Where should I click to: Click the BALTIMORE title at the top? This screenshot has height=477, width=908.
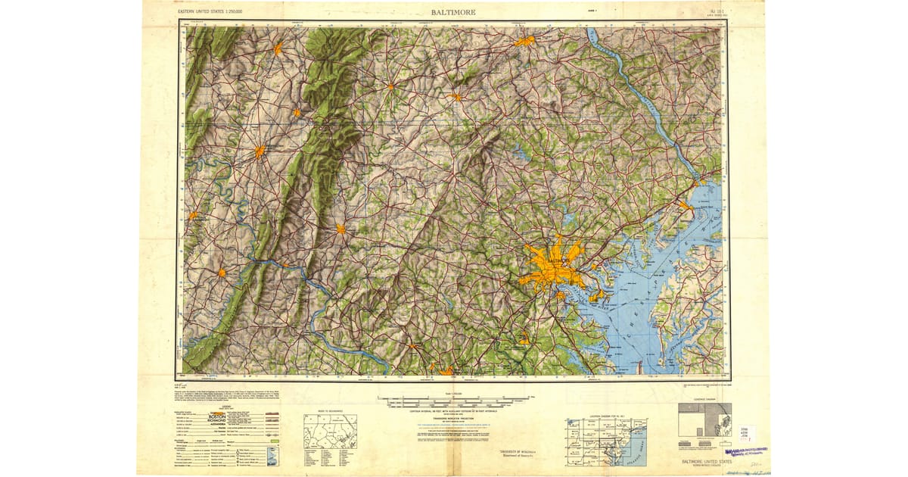(453, 12)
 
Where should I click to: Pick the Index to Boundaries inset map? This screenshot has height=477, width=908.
(331, 432)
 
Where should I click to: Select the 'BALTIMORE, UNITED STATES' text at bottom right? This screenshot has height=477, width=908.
(704, 461)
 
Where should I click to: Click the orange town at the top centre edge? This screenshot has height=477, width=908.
(524, 41)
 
